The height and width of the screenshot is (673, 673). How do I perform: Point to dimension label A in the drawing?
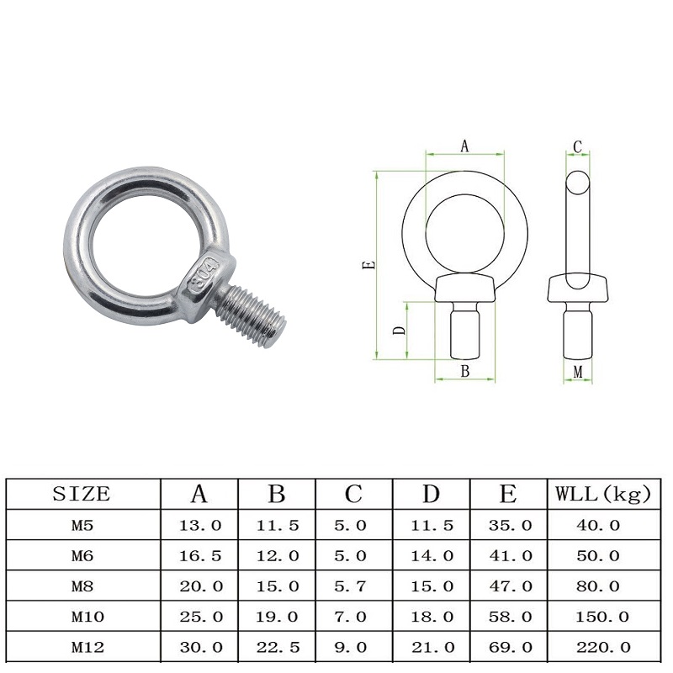464,146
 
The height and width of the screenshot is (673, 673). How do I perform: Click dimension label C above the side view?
577,147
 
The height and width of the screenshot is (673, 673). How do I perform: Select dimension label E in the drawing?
369,265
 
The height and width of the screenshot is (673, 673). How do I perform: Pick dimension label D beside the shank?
399,330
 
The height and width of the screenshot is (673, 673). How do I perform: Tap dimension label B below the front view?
465,371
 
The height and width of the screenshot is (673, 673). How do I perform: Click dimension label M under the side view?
578,372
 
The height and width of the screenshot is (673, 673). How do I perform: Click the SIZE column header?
82,494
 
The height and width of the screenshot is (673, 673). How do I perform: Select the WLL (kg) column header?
603,494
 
